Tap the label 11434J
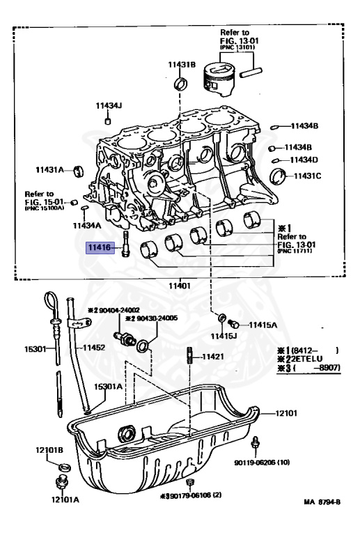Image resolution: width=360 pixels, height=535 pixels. pos(109,106)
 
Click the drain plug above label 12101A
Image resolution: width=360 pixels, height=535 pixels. pos(58,482)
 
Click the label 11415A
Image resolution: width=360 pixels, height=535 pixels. pos(263,325)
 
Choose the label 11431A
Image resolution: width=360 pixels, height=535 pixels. pos(49,169)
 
